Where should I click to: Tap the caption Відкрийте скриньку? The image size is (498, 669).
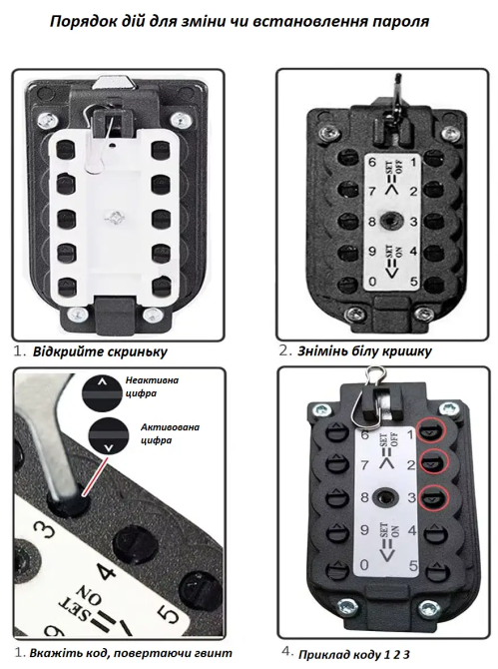[100, 352]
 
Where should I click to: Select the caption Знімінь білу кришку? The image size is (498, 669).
[364, 351]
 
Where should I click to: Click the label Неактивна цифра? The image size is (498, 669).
[152, 386]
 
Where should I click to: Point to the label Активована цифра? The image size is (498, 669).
[170, 433]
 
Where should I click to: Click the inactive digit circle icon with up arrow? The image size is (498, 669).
[102, 393]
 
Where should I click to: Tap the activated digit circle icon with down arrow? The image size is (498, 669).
[109, 436]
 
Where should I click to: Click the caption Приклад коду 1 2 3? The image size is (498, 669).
[354, 654]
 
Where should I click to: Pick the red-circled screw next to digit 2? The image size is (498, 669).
[434, 463]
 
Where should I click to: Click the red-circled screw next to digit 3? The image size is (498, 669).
[433, 498]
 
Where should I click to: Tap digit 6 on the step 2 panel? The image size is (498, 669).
[372, 163]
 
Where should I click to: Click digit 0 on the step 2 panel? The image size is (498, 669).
[372, 282]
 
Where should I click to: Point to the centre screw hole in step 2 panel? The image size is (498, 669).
[390, 221]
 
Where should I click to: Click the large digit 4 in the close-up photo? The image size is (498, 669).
[105, 570]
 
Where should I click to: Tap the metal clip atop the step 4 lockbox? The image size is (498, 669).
[374, 396]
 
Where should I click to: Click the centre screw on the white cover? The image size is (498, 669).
[114, 217]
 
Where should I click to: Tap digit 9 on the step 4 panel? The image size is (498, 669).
[363, 530]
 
